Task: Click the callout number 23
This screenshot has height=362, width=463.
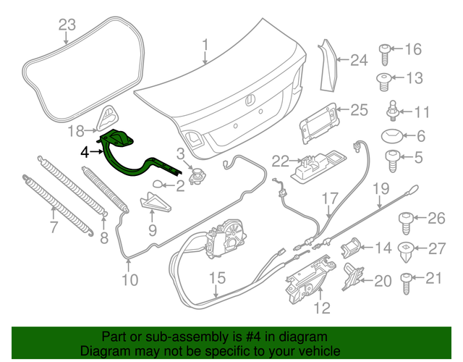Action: tap(67, 26)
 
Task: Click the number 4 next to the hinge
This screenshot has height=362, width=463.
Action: tap(85, 152)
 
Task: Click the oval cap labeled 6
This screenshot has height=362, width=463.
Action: tap(391, 136)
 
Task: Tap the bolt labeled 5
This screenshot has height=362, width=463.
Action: tap(393, 159)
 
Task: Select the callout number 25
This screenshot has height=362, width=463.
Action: tap(360, 110)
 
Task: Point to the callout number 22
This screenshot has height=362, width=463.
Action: tap(280, 161)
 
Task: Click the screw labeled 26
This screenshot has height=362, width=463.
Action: tap(407, 219)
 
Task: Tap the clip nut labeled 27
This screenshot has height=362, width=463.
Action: tap(407, 250)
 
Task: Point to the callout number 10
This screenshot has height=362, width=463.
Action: tap(129, 280)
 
